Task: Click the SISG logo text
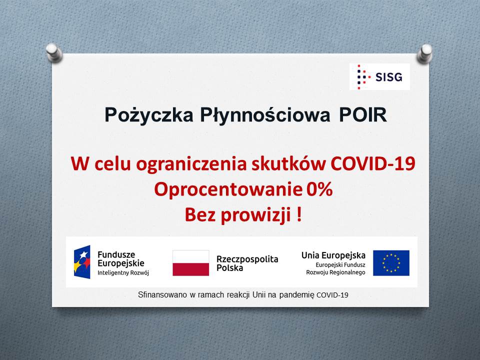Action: tap(388, 77)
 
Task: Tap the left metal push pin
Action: tap(54, 53)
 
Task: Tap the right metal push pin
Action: tap(424, 53)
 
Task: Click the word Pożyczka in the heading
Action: tap(149, 115)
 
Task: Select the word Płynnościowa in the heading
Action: tap(265, 115)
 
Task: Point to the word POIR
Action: tap(363, 115)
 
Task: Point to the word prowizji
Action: tap(255, 215)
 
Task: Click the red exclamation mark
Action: tap(299, 214)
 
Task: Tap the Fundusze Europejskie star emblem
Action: tap(82, 262)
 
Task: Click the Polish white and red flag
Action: tap(190, 263)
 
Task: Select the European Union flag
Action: tap(391, 263)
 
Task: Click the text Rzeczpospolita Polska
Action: tap(247, 263)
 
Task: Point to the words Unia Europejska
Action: tap(333, 255)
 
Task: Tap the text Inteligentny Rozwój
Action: tap(123, 273)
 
